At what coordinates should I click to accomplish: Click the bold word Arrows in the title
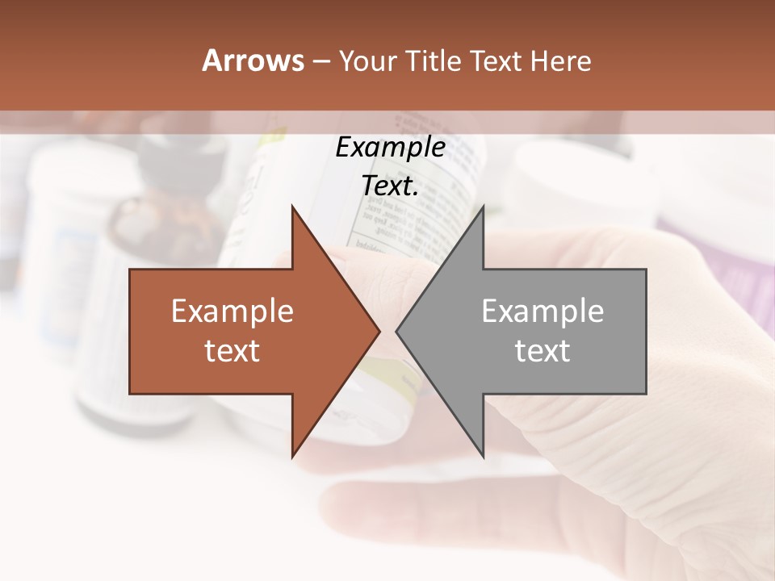[x=253, y=61]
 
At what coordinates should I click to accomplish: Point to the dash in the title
[x=320, y=62]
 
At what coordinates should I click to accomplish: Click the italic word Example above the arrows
[x=390, y=148]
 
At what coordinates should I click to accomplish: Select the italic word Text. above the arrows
[x=390, y=186]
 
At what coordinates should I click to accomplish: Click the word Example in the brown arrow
[x=232, y=311]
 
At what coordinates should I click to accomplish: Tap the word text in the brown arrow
[x=232, y=351]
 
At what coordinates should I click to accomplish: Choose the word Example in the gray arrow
[x=542, y=311]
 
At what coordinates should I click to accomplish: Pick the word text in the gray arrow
[x=542, y=351]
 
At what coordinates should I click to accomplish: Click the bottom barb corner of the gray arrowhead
[x=483, y=455]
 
